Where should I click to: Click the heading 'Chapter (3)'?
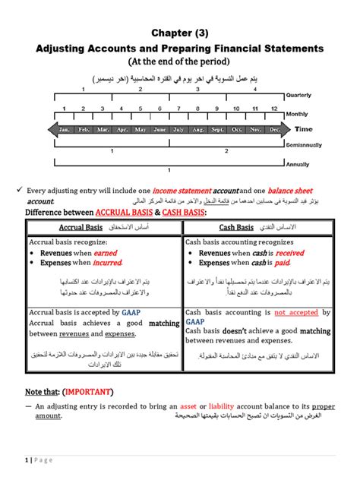tap(180, 33)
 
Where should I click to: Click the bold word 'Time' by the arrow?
tap(303, 129)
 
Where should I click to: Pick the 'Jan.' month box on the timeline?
tap(65, 130)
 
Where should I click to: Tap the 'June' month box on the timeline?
tap(159, 130)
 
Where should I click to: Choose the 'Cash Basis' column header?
tap(236, 227)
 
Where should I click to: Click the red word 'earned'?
tap(106, 253)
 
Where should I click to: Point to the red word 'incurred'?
tap(107, 263)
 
